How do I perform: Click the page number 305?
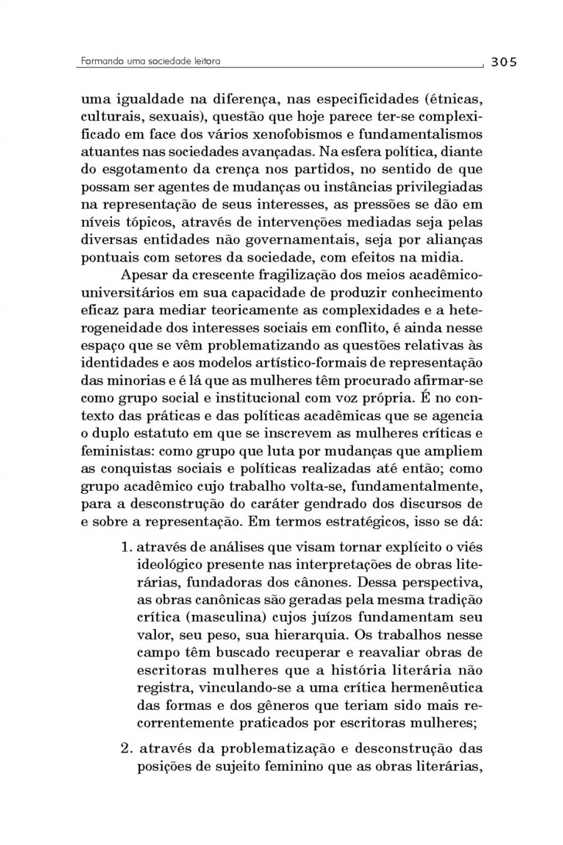503,62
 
